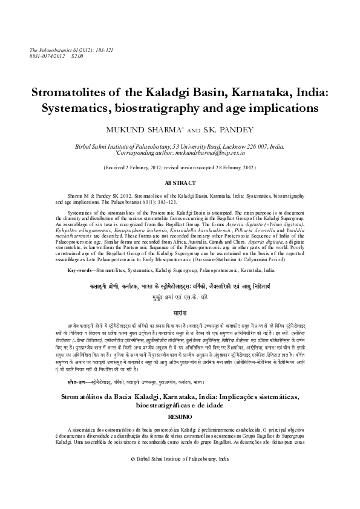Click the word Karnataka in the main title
click(240, 94)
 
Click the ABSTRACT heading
click(180, 183)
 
